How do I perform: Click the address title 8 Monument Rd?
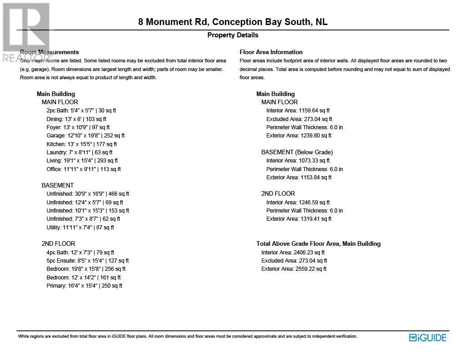(233, 22)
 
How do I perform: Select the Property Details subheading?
(233, 35)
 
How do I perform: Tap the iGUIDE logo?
(427, 338)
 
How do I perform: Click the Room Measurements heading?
(50, 52)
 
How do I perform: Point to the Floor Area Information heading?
(271, 52)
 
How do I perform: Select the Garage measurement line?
(85, 136)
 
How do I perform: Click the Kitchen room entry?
(81, 144)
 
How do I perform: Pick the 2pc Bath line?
(81, 111)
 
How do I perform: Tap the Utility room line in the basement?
(80, 228)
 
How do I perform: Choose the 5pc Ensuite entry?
(87, 261)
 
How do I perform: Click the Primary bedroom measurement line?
(84, 286)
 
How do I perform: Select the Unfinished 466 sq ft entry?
(87, 194)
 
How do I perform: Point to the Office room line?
(83, 169)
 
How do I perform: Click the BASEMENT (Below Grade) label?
(297, 152)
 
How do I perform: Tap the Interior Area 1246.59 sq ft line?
(298, 203)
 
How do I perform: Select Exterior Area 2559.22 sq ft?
(294, 269)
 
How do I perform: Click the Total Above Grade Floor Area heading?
(318, 243)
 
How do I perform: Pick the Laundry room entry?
(79, 152)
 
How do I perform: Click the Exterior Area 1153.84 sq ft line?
(299, 177)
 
